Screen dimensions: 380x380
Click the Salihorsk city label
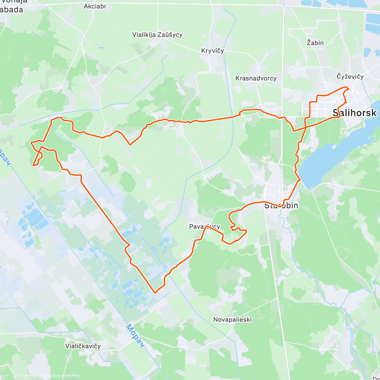[355, 113]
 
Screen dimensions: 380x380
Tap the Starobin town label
[281, 206]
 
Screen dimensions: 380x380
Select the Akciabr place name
[95, 6]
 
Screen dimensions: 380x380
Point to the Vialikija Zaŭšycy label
[157, 35]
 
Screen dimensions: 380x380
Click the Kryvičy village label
[212, 51]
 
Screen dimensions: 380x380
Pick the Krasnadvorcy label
[256, 78]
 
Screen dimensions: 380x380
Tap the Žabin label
[315, 43]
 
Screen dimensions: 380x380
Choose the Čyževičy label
[350, 77]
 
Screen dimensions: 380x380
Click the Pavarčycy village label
[204, 226]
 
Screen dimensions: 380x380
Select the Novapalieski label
[232, 320]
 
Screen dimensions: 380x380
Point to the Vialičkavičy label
[83, 346]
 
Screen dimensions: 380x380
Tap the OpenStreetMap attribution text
[66, 376]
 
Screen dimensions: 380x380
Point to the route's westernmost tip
[31, 143]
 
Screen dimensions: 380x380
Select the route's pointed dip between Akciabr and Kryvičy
[130, 145]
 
